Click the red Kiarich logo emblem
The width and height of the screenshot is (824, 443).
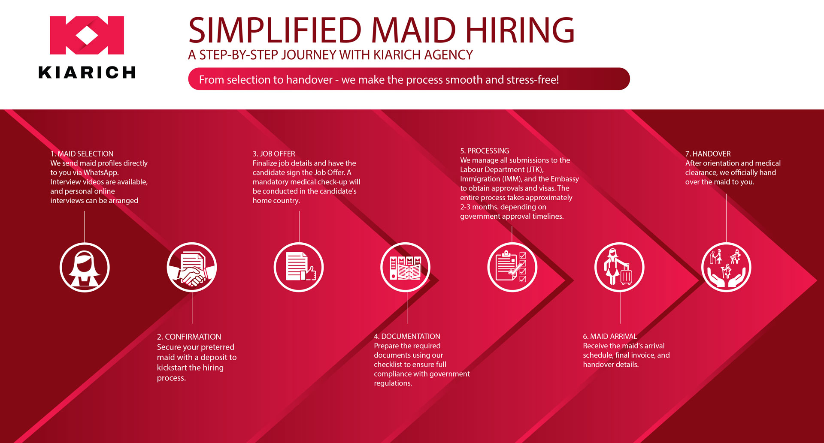[87, 35]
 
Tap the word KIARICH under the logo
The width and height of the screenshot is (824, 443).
[87, 72]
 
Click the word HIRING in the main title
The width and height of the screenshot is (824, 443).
[520, 30]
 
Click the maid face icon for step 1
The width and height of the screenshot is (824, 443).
[85, 267]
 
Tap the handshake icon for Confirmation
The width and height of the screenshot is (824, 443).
[192, 267]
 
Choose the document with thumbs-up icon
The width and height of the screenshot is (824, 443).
[299, 267]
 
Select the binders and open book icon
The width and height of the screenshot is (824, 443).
[406, 267]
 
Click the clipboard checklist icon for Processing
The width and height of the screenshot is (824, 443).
[512, 267]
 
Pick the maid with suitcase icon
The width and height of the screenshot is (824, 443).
[619, 267]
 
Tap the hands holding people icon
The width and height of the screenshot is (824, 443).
[726, 267]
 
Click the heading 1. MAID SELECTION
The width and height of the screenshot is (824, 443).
[82, 154]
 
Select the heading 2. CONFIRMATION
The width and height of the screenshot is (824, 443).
[189, 337]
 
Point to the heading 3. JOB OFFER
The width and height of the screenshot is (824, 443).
[274, 154]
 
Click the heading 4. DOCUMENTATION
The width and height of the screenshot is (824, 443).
[407, 336]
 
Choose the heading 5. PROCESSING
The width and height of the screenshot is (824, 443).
[485, 151]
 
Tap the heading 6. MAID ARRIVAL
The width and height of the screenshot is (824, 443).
[610, 336]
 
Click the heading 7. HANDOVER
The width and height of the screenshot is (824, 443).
[708, 154]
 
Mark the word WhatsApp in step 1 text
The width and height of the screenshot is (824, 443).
[101, 172]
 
